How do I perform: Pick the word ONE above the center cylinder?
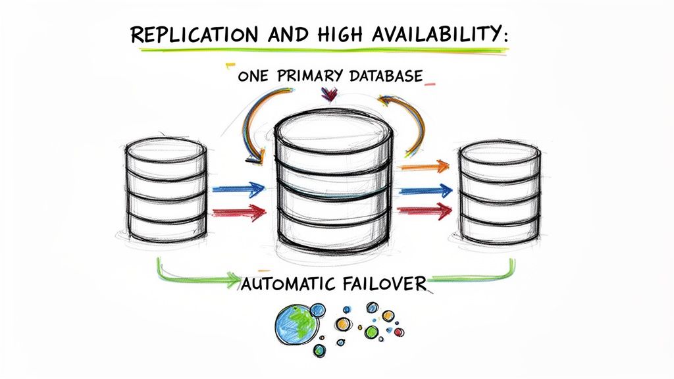click(253, 76)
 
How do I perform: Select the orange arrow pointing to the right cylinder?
click(425, 166)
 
